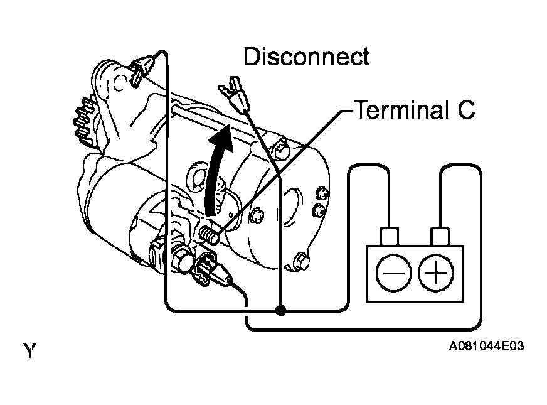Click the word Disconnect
[306, 57]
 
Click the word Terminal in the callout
[401, 110]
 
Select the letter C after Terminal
[466, 110]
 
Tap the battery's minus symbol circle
[393, 273]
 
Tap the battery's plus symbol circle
[436, 273]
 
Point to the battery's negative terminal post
[390, 237]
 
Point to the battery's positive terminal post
[440, 237]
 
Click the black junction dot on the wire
[280, 310]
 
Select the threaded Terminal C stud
[209, 235]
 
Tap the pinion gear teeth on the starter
[83, 121]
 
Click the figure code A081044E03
[486, 346]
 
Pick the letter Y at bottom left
[29, 350]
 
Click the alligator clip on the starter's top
[142, 68]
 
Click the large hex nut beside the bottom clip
[182, 260]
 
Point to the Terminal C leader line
[284, 171]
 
